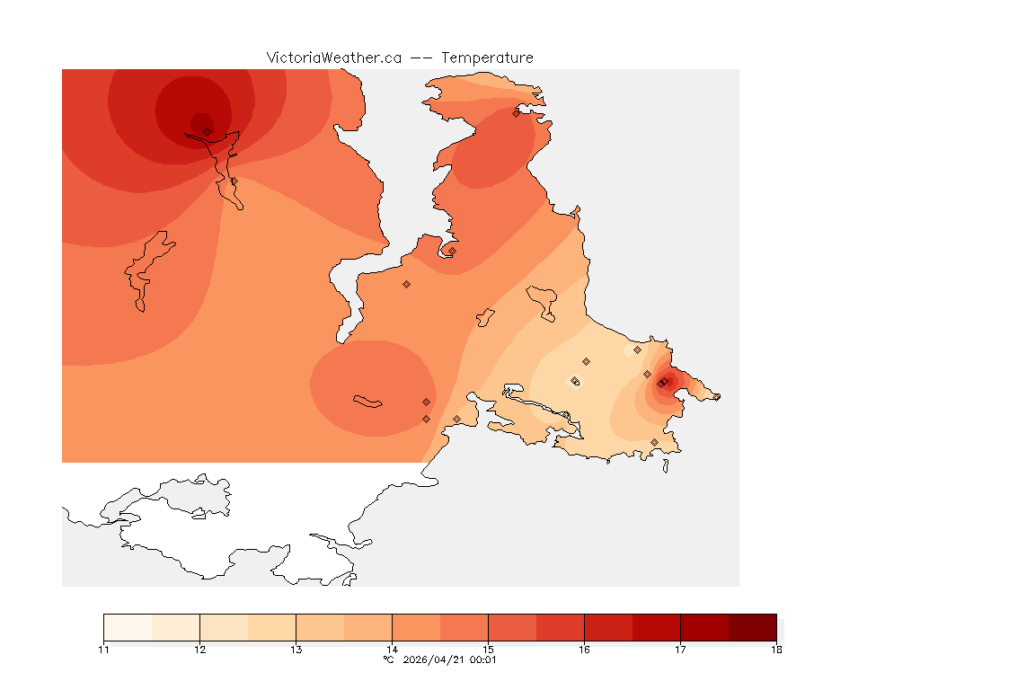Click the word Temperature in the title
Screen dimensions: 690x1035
(487, 57)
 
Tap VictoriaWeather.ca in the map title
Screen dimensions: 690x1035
(333, 57)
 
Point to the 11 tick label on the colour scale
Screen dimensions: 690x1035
(103, 650)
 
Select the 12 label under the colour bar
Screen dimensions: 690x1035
(199, 650)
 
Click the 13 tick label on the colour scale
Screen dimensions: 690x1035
(296, 650)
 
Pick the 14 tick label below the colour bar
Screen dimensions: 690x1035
(392, 650)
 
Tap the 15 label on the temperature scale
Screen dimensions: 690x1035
(488, 650)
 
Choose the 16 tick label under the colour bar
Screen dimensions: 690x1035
(584, 650)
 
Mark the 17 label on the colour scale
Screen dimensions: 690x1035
(680, 650)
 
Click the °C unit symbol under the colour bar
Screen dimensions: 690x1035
(388, 660)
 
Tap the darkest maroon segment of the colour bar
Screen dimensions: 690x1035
(752, 627)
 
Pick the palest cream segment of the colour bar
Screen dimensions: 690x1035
(128, 627)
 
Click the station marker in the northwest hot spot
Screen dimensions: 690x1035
(207, 131)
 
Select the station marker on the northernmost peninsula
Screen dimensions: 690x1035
(516, 113)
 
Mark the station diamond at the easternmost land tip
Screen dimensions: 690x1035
(716, 397)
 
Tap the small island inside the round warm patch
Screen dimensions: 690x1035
(368, 401)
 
